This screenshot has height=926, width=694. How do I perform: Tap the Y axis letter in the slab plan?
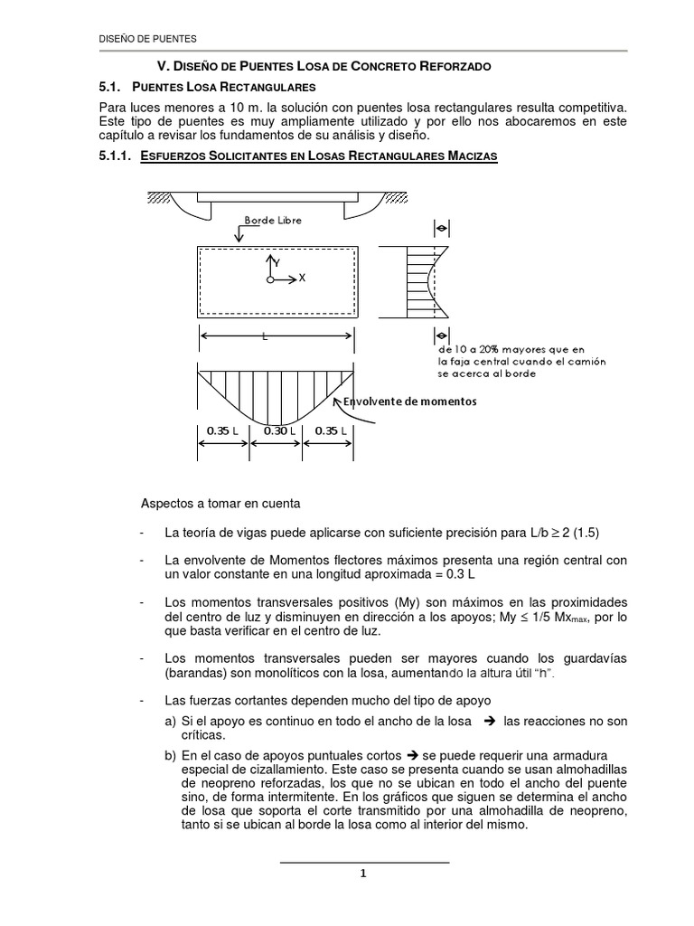click(277, 261)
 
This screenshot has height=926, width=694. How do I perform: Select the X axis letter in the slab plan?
click(302, 279)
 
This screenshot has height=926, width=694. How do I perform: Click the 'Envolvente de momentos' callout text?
click(411, 401)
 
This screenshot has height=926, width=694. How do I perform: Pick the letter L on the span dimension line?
click(265, 336)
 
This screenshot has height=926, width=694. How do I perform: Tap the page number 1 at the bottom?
click(362, 874)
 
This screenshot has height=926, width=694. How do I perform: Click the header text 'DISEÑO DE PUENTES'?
click(147, 39)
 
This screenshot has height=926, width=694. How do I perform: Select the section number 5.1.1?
click(115, 157)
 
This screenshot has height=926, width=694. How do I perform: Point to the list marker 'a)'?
click(170, 721)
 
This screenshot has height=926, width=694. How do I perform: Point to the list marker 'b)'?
click(170, 753)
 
